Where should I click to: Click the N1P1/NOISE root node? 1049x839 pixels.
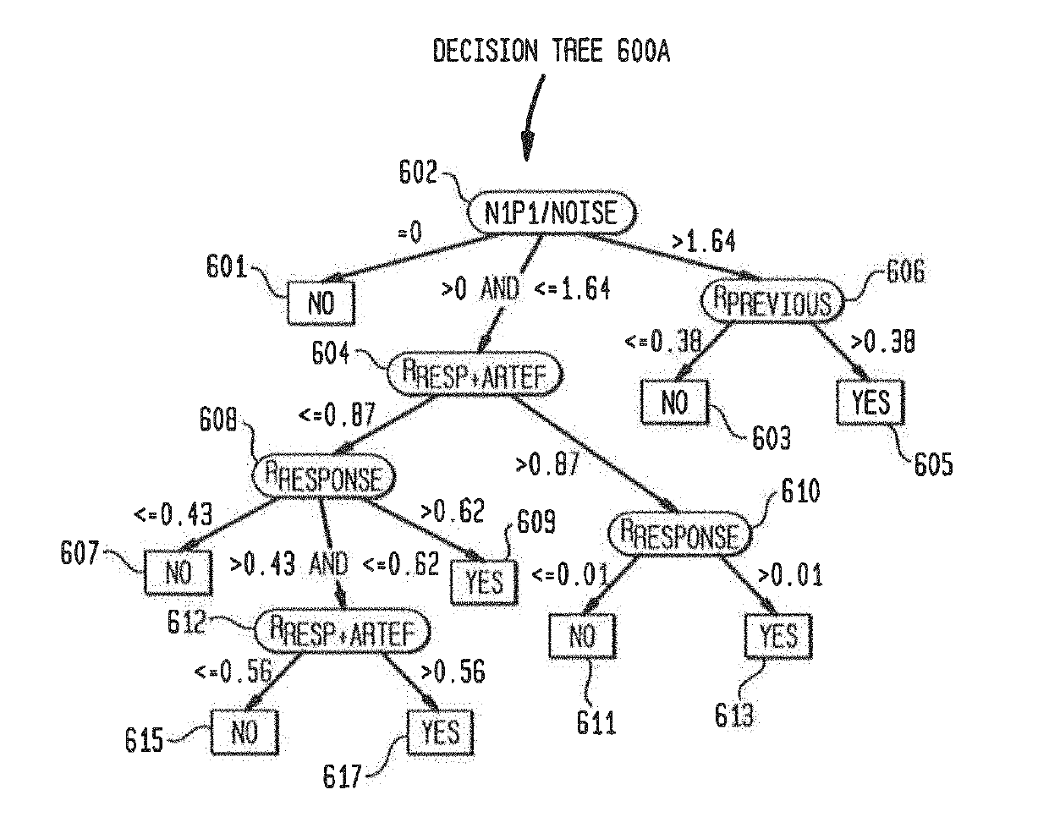tap(551, 212)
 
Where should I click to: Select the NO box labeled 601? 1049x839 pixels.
tap(321, 303)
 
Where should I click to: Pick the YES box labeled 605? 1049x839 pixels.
tap(871, 403)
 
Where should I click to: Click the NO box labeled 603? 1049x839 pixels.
tap(674, 402)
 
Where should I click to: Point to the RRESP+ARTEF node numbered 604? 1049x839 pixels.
tap(475, 373)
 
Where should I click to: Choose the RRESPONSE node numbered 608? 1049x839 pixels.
tap(324, 477)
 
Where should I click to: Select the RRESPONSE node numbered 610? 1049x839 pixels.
tap(678, 535)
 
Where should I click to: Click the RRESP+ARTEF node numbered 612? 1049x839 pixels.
tap(343, 630)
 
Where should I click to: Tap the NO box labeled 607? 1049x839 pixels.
tap(178, 573)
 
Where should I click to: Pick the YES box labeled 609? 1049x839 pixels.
tap(484, 581)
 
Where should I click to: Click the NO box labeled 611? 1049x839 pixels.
tap(582, 635)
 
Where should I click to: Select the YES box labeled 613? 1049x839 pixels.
tap(777, 634)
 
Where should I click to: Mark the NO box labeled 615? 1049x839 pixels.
tap(244, 732)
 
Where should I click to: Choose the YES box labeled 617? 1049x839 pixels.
tap(440, 732)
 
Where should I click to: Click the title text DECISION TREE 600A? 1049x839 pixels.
tap(552, 52)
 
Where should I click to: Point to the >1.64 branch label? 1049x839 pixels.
tap(703, 242)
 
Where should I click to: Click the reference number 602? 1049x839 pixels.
tap(418, 173)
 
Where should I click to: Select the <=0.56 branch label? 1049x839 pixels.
tap(233, 672)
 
